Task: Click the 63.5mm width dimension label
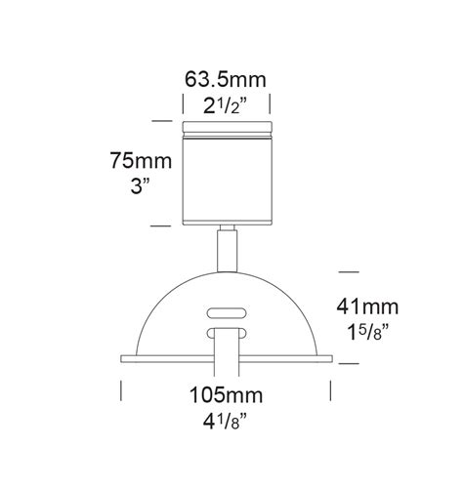coord(226,77)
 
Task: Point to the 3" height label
coord(137,186)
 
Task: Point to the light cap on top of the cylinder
coord(226,125)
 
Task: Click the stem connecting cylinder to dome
coord(228,248)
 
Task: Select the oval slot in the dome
coord(226,313)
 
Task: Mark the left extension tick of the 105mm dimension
coord(120,390)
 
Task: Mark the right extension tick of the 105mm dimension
coord(331,390)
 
